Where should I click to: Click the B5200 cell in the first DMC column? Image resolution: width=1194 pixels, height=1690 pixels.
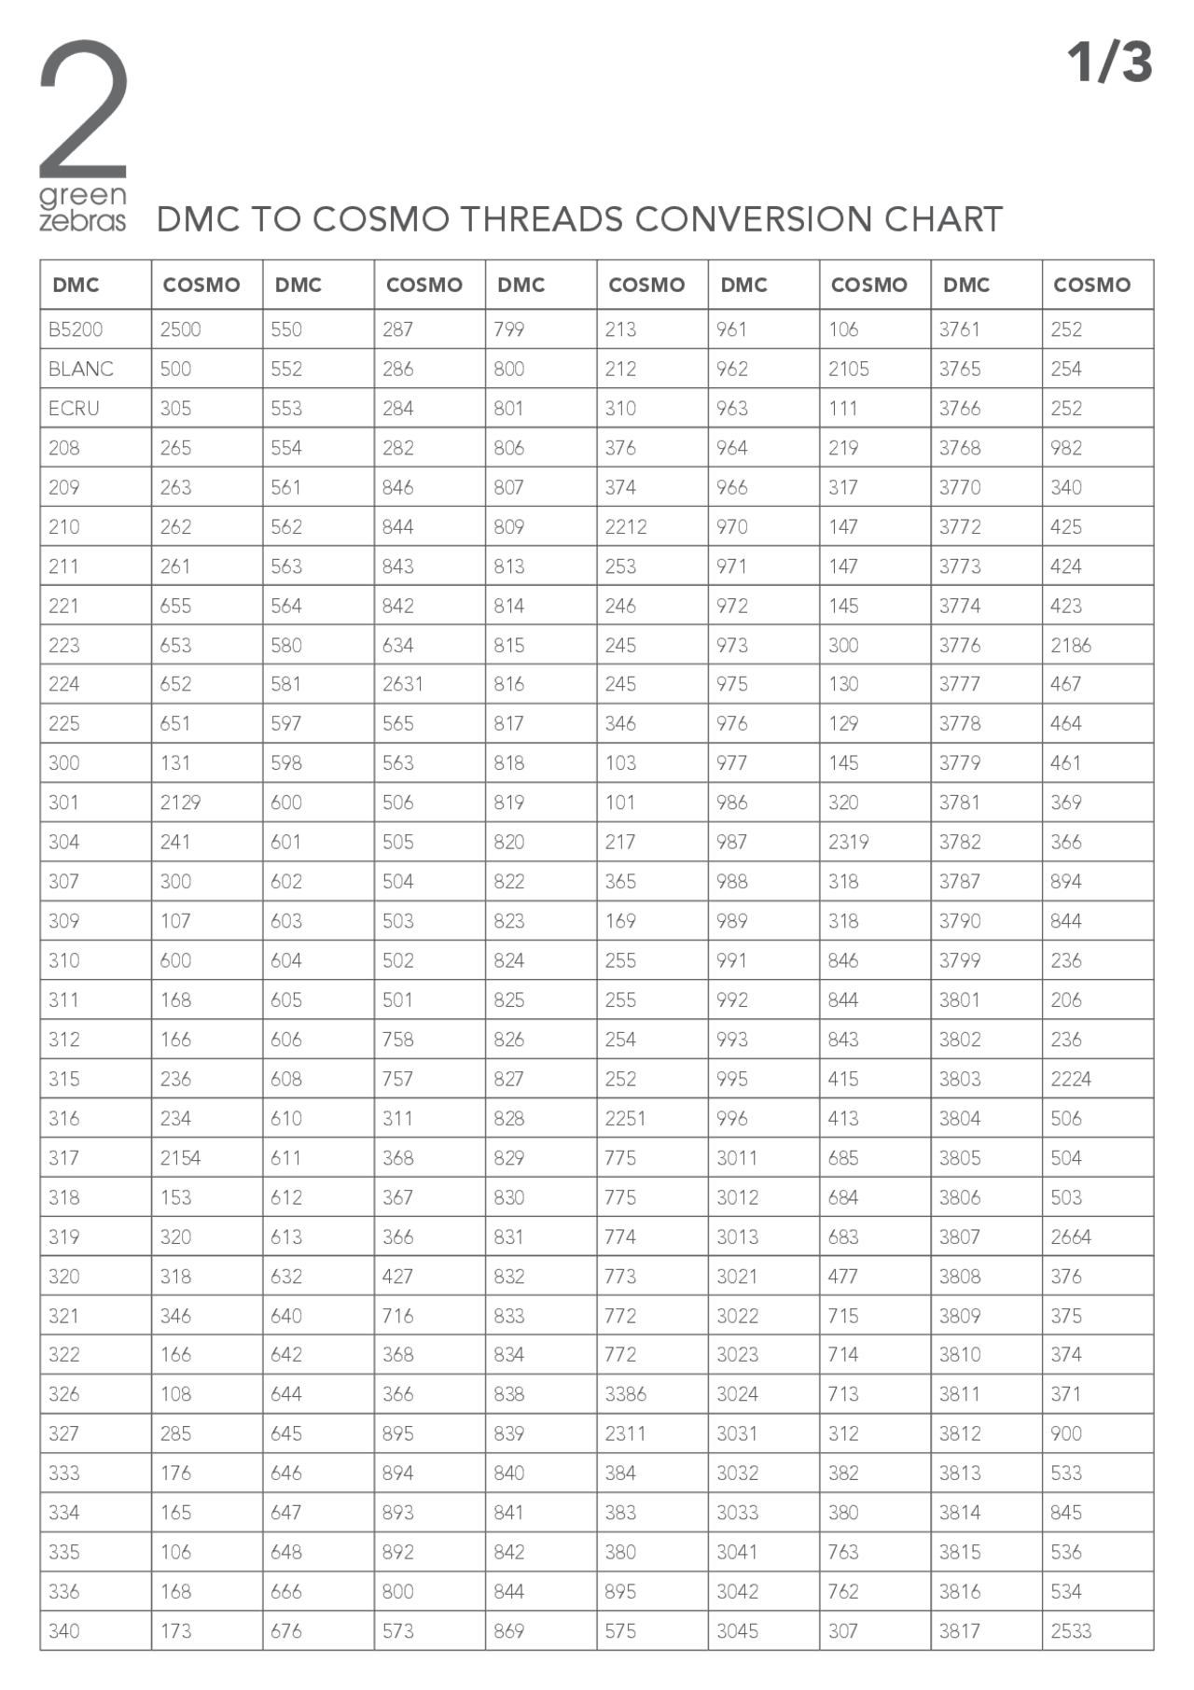pos(76,329)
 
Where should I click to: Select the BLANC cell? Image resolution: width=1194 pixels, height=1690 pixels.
pos(81,369)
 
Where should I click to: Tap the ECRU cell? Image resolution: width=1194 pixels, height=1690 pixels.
pos(74,409)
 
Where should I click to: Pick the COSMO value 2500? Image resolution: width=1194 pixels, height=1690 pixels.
pos(180,329)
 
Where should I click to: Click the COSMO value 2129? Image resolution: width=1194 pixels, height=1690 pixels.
pos(180,803)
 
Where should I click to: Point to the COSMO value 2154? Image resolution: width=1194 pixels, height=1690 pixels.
pos(180,1158)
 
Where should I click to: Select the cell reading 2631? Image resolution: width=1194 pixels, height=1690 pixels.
pos(402,684)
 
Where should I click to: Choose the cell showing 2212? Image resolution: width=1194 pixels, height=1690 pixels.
pos(625,526)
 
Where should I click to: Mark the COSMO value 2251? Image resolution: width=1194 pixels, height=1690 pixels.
pos(625,1118)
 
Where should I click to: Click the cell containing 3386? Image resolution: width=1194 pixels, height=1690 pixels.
pos(625,1394)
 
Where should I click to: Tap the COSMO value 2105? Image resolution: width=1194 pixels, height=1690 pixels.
pos(848,369)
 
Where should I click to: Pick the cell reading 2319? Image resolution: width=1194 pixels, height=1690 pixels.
pos(848,842)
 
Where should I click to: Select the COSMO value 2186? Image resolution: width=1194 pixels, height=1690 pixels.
pos(1071,645)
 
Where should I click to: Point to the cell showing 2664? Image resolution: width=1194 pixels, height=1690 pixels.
pos(1071,1236)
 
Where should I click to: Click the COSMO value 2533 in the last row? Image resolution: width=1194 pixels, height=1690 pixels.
pos(1071,1631)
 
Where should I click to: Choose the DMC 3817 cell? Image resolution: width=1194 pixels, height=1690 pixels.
pos(960,1631)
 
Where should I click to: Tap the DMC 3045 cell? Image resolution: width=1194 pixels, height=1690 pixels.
pos(737,1631)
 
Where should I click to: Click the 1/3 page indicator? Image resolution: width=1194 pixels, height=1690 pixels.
pos(1109,63)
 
